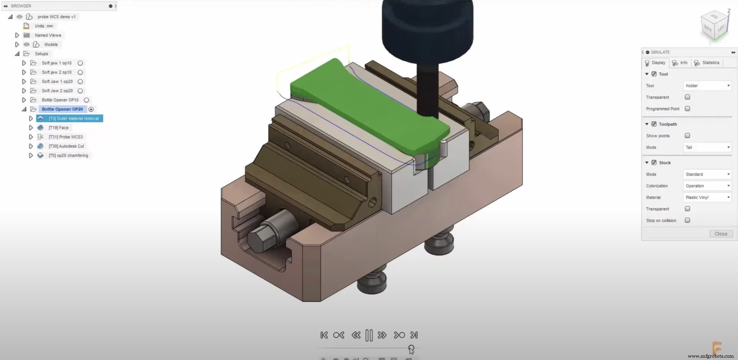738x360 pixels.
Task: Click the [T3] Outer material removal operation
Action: (x=73, y=118)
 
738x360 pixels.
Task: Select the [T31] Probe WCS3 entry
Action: (x=65, y=137)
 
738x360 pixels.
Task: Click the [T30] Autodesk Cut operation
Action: (x=66, y=146)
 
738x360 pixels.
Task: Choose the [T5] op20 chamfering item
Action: (x=68, y=155)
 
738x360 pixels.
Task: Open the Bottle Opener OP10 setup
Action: (x=60, y=100)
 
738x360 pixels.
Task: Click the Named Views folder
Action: (x=48, y=35)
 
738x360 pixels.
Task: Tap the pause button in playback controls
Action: (x=369, y=335)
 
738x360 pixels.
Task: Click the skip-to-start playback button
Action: (x=324, y=335)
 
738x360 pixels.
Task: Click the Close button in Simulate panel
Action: (x=721, y=234)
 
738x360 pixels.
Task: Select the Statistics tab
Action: (x=710, y=63)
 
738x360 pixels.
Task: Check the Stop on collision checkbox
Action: (x=687, y=220)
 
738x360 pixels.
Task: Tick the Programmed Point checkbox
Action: (x=687, y=109)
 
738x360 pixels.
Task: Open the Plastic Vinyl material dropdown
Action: (x=707, y=197)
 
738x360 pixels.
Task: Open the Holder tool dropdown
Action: (x=707, y=86)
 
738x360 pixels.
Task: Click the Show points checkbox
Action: (x=687, y=136)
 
